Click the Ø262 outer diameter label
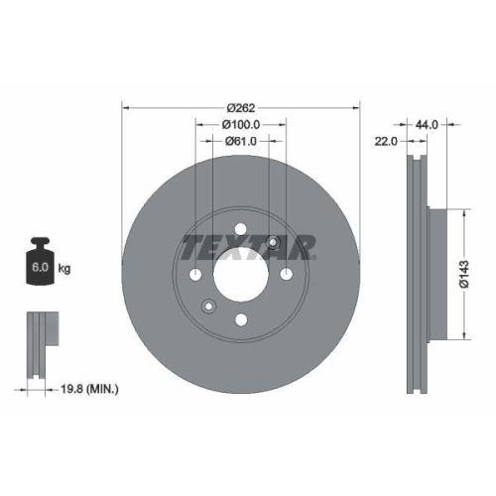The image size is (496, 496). pyautogui.click(x=241, y=107)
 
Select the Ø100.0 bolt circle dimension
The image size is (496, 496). pyautogui.click(x=241, y=125)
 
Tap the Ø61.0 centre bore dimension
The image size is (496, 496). pyautogui.click(x=241, y=142)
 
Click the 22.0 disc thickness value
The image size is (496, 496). pyautogui.click(x=387, y=142)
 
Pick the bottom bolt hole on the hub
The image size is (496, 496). pyautogui.click(x=241, y=319)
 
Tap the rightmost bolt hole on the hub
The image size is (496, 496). pyautogui.click(x=287, y=275)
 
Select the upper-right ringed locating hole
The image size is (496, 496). pyautogui.click(x=273, y=243)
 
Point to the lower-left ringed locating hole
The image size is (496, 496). pyautogui.click(x=208, y=306)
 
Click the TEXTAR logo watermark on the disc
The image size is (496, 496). pyautogui.click(x=248, y=247)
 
